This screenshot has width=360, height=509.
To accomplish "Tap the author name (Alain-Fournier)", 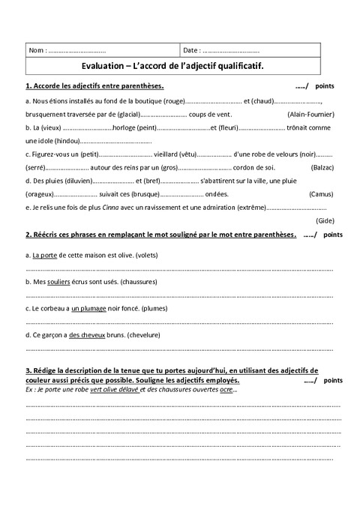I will tap(310, 114).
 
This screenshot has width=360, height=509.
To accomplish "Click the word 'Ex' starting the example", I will tap(30, 390).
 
